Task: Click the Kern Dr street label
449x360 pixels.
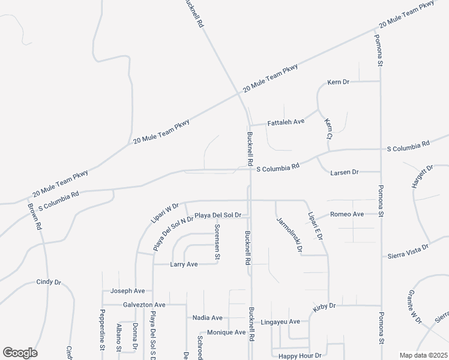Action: coord(338,82)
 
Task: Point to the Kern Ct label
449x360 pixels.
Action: coord(328,129)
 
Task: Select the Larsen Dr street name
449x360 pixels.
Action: coord(345,172)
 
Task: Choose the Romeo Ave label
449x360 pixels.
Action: coord(348,214)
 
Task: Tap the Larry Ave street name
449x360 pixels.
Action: coord(184,264)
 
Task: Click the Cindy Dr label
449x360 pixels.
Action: coord(49,281)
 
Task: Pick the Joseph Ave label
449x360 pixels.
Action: coord(127,291)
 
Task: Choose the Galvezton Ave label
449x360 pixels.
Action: coord(144,305)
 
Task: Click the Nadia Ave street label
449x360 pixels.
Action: coord(207,317)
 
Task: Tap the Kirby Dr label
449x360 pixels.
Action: coord(324,307)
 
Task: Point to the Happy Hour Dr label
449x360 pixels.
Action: coord(296,356)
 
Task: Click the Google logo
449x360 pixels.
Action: coord(20,353)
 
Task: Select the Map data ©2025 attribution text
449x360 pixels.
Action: coord(423,355)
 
